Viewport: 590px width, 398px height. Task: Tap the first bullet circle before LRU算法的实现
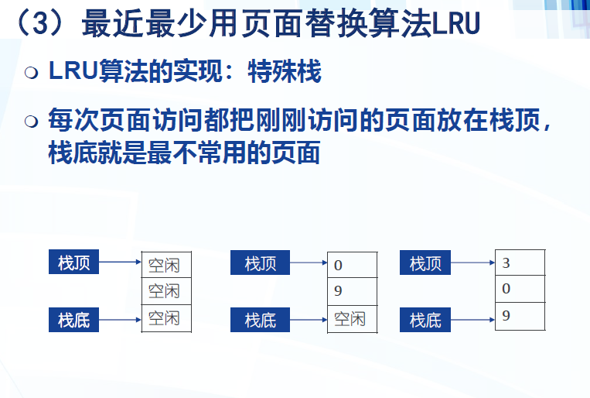pyautogui.click(x=31, y=74)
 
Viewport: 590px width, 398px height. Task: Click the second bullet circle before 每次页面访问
pyautogui.click(x=31, y=122)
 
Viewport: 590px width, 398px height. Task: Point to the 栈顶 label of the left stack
pyautogui.click(x=74, y=263)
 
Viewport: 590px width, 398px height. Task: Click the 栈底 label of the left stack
pyautogui.click(x=74, y=318)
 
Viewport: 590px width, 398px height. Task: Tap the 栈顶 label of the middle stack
pyautogui.click(x=259, y=263)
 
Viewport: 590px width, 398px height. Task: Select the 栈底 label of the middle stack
pyautogui.click(x=259, y=318)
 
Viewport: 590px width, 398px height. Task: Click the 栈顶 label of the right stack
pyautogui.click(x=425, y=263)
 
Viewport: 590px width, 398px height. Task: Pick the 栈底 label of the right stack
pyautogui.click(x=425, y=318)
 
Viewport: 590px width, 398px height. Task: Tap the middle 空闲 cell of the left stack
pyautogui.click(x=165, y=291)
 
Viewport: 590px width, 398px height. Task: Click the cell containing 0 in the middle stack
pyautogui.click(x=352, y=266)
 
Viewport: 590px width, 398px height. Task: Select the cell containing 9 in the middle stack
pyautogui.click(x=352, y=291)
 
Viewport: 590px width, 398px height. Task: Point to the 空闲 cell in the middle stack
pyautogui.click(x=352, y=317)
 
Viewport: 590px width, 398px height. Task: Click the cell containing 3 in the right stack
pyautogui.click(x=520, y=263)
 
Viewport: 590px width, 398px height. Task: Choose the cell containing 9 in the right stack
pyautogui.click(x=520, y=316)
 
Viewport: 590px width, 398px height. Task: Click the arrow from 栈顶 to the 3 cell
pyautogui.click(x=472, y=263)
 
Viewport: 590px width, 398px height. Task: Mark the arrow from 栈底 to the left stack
pyautogui.click(x=120, y=318)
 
